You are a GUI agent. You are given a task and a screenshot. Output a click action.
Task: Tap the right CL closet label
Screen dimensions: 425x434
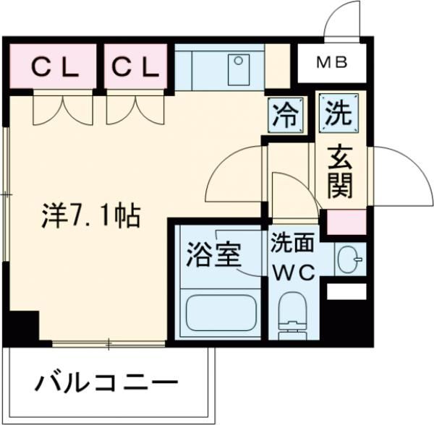click(x=135, y=66)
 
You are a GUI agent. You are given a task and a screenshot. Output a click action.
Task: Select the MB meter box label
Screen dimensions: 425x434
click(x=333, y=63)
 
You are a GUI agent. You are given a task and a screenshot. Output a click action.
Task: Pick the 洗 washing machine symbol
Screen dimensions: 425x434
click(x=336, y=114)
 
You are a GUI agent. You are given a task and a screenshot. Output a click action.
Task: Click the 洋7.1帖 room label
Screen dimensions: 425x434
click(x=89, y=215)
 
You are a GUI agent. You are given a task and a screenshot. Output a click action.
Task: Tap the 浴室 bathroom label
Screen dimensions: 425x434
click(x=213, y=254)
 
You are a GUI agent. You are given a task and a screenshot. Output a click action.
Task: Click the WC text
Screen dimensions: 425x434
click(x=292, y=272)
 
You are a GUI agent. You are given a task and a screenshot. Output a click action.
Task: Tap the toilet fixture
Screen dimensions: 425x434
click(x=294, y=315)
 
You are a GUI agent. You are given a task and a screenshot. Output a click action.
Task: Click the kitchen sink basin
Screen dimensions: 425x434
click(x=237, y=67)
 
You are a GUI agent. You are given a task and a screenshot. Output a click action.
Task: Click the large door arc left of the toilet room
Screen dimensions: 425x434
click(x=231, y=173)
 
